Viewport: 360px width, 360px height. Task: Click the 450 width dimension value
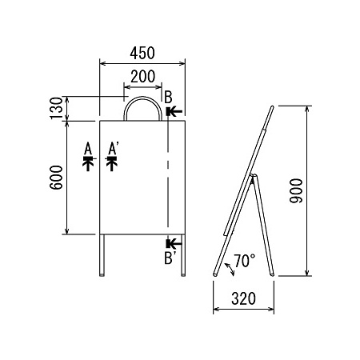142,53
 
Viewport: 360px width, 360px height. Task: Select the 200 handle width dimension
142,76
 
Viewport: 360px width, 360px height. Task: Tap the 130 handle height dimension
56,108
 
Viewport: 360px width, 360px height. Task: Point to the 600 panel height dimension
56,178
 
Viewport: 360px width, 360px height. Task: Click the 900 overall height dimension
297,191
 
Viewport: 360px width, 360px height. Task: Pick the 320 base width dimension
243,298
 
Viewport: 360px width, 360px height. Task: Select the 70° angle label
245,261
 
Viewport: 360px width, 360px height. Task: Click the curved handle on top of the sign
143,98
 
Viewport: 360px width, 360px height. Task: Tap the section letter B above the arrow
168,98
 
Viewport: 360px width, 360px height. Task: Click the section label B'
169,258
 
